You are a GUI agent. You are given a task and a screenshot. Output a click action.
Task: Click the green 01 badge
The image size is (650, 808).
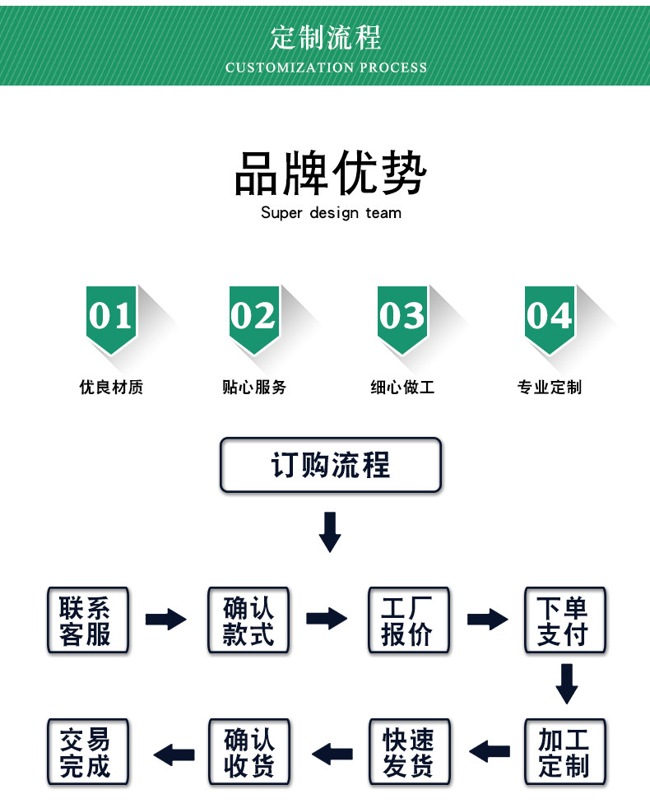[x=111, y=317]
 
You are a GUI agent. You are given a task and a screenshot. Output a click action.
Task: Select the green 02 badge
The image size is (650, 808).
[x=253, y=317]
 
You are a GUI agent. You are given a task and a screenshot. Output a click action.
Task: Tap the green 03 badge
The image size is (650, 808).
[x=402, y=317]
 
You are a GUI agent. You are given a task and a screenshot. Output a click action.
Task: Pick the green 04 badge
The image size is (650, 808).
[x=550, y=317]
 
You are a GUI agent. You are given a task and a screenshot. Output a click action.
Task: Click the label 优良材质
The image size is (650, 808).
[x=111, y=388]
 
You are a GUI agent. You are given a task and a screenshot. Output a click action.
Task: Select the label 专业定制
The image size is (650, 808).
[x=550, y=388]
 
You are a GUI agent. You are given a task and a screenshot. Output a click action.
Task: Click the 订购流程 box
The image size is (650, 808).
[x=331, y=466]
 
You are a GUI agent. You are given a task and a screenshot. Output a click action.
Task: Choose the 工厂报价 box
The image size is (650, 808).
[x=409, y=620]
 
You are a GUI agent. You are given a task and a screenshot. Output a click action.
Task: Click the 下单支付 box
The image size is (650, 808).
[x=565, y=620]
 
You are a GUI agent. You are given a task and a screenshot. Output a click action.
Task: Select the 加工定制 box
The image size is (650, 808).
[x=565, y=751]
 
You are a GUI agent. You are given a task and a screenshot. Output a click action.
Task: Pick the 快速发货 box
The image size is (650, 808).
[x=409, y=751]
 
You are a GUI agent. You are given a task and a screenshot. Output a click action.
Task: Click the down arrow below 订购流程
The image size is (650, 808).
[x=330, y=532]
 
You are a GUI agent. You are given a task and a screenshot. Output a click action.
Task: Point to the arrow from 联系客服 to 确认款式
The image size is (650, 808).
[x=166, y=619]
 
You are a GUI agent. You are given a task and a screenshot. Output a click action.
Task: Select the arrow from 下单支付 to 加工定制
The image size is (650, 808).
[x=566, y=683]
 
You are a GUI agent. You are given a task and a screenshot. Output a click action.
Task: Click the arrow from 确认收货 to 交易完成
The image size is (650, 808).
[x=174, y=752]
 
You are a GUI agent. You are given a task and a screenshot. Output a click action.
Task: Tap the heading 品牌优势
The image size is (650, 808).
[x=331, y=174]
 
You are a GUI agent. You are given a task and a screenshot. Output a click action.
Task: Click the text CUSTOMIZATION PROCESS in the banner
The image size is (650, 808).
[x=327, y=67]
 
